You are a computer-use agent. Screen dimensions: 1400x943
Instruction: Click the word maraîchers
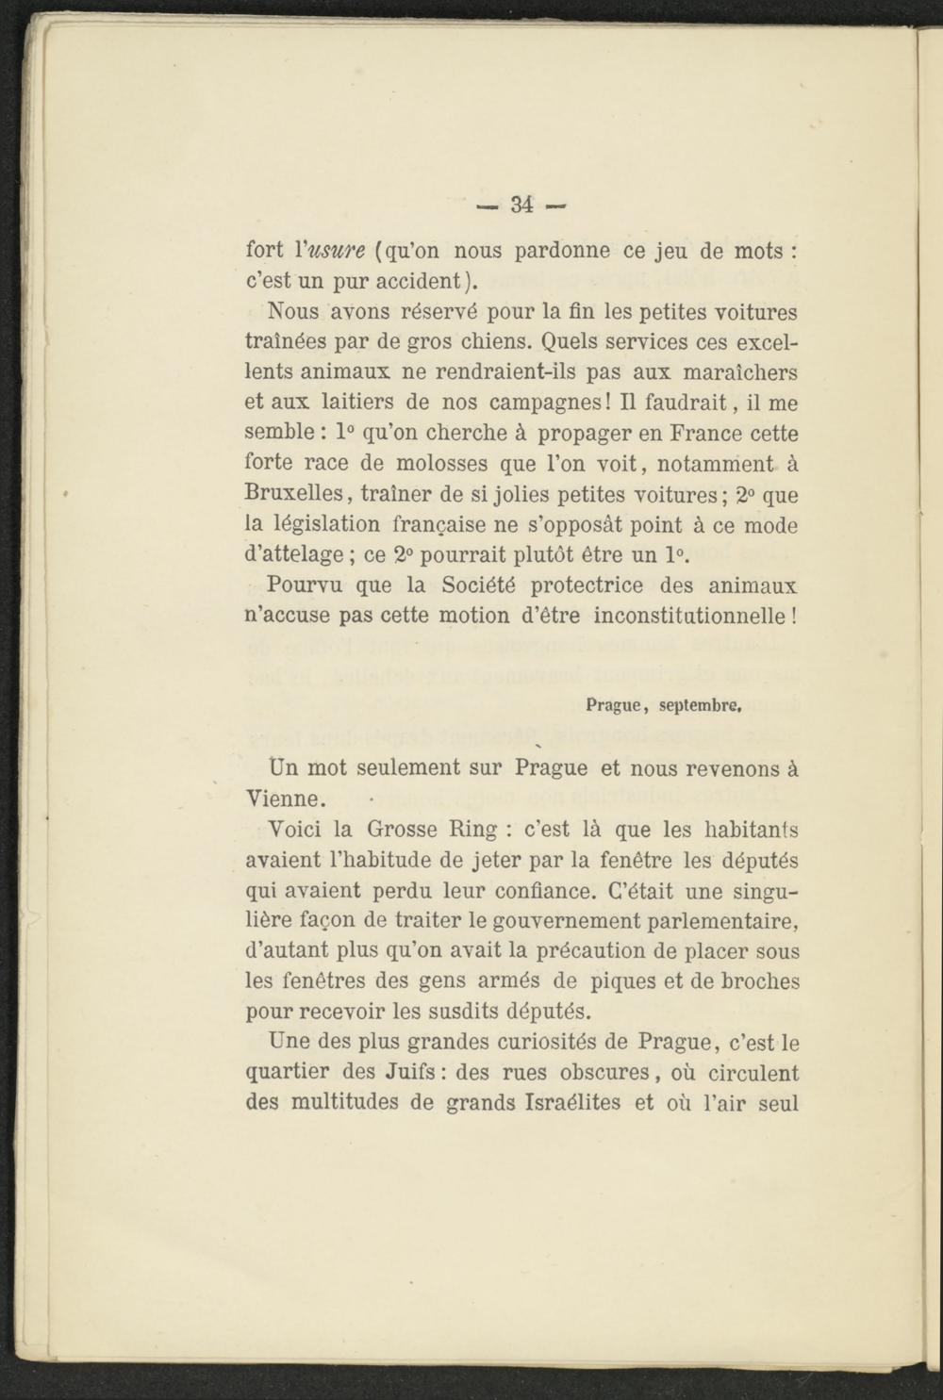pos(744,372)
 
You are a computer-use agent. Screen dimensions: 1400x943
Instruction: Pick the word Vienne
pos(286,799)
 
